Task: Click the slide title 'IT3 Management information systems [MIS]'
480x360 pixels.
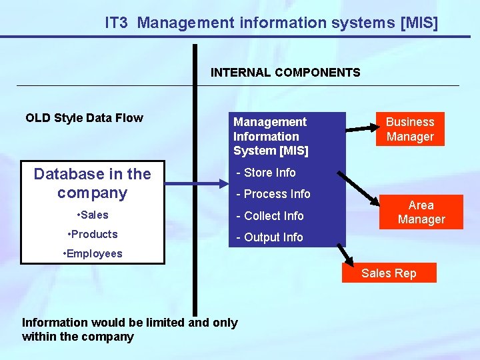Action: click(271, 23)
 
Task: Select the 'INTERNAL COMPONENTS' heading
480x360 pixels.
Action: click(285, 73)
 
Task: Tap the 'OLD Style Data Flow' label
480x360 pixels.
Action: click(84, 118)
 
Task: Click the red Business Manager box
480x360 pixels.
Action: click(409, 129)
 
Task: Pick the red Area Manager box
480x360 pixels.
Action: click(421, 212)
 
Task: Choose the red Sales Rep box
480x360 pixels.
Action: click(389, 273)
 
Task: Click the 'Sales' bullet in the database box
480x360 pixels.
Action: click(93, 215)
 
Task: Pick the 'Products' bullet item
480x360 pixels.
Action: click(93, 234)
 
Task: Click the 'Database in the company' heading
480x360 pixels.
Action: click(92, 183)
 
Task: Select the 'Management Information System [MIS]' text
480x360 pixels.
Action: click(271, 136)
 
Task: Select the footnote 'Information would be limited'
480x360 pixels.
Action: click(129, 329)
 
